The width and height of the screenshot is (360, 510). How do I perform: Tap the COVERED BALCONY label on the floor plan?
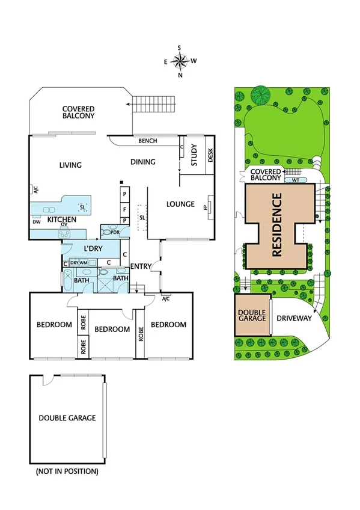[78, 112]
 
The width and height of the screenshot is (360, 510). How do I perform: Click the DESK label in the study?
[210, 156]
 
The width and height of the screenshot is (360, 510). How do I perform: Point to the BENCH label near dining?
[147, 141]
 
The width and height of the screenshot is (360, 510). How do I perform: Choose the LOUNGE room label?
[180, 204]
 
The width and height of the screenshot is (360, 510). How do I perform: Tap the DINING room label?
[143, 161]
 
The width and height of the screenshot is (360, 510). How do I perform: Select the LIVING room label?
[70, 165]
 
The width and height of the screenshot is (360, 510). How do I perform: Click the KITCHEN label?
[62, 220]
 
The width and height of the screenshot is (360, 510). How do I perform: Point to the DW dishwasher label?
[37, 221]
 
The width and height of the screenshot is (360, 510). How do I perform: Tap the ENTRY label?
[141, 266]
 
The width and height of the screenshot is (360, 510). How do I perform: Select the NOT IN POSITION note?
[67, 471]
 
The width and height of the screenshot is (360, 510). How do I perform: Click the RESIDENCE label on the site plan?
[278, 225]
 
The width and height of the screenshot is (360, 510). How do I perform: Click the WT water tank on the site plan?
[296, 180]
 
